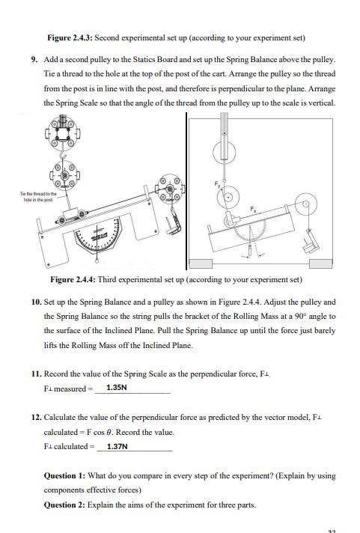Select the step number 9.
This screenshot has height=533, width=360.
[34, 60]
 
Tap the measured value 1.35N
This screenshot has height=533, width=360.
[117, 388]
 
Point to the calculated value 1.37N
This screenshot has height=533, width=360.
[118, 446]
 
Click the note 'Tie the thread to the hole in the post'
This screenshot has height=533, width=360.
[38, 196]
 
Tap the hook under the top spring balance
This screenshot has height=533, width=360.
[63, 155]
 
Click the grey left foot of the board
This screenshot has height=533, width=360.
[201, 264]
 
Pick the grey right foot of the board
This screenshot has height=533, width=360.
[321, 264]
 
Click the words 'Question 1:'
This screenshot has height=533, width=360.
[64, 475]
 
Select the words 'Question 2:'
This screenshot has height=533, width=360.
[64, 505]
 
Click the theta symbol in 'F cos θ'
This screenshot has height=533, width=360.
[109, 432]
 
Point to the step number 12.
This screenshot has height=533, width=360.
[37, 417]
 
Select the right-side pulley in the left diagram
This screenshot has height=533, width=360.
[168, 189]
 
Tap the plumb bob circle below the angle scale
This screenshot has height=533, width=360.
[97, 261]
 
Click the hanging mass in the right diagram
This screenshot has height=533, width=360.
[311, 243]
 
